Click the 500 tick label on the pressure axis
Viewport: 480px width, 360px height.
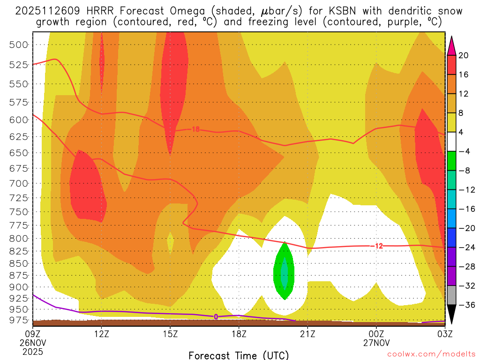(18, 45)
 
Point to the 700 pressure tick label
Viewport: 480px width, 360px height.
(18, 183)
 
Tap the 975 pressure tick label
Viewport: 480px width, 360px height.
(18, 320)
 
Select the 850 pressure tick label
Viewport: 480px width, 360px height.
(18, 263)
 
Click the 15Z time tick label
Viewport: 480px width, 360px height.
(170, 334)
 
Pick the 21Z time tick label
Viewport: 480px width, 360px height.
(307, 334)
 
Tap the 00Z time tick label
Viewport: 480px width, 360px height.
(376, 334)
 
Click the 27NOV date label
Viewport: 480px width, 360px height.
(376, 343)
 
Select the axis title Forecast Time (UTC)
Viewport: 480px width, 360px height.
(239, 355)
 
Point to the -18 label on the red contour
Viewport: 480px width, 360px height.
(195, 129)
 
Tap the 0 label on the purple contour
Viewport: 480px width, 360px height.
(216, 317)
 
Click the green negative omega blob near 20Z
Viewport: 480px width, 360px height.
(284, 272)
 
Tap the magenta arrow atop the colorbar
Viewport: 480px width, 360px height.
(451, 46)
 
